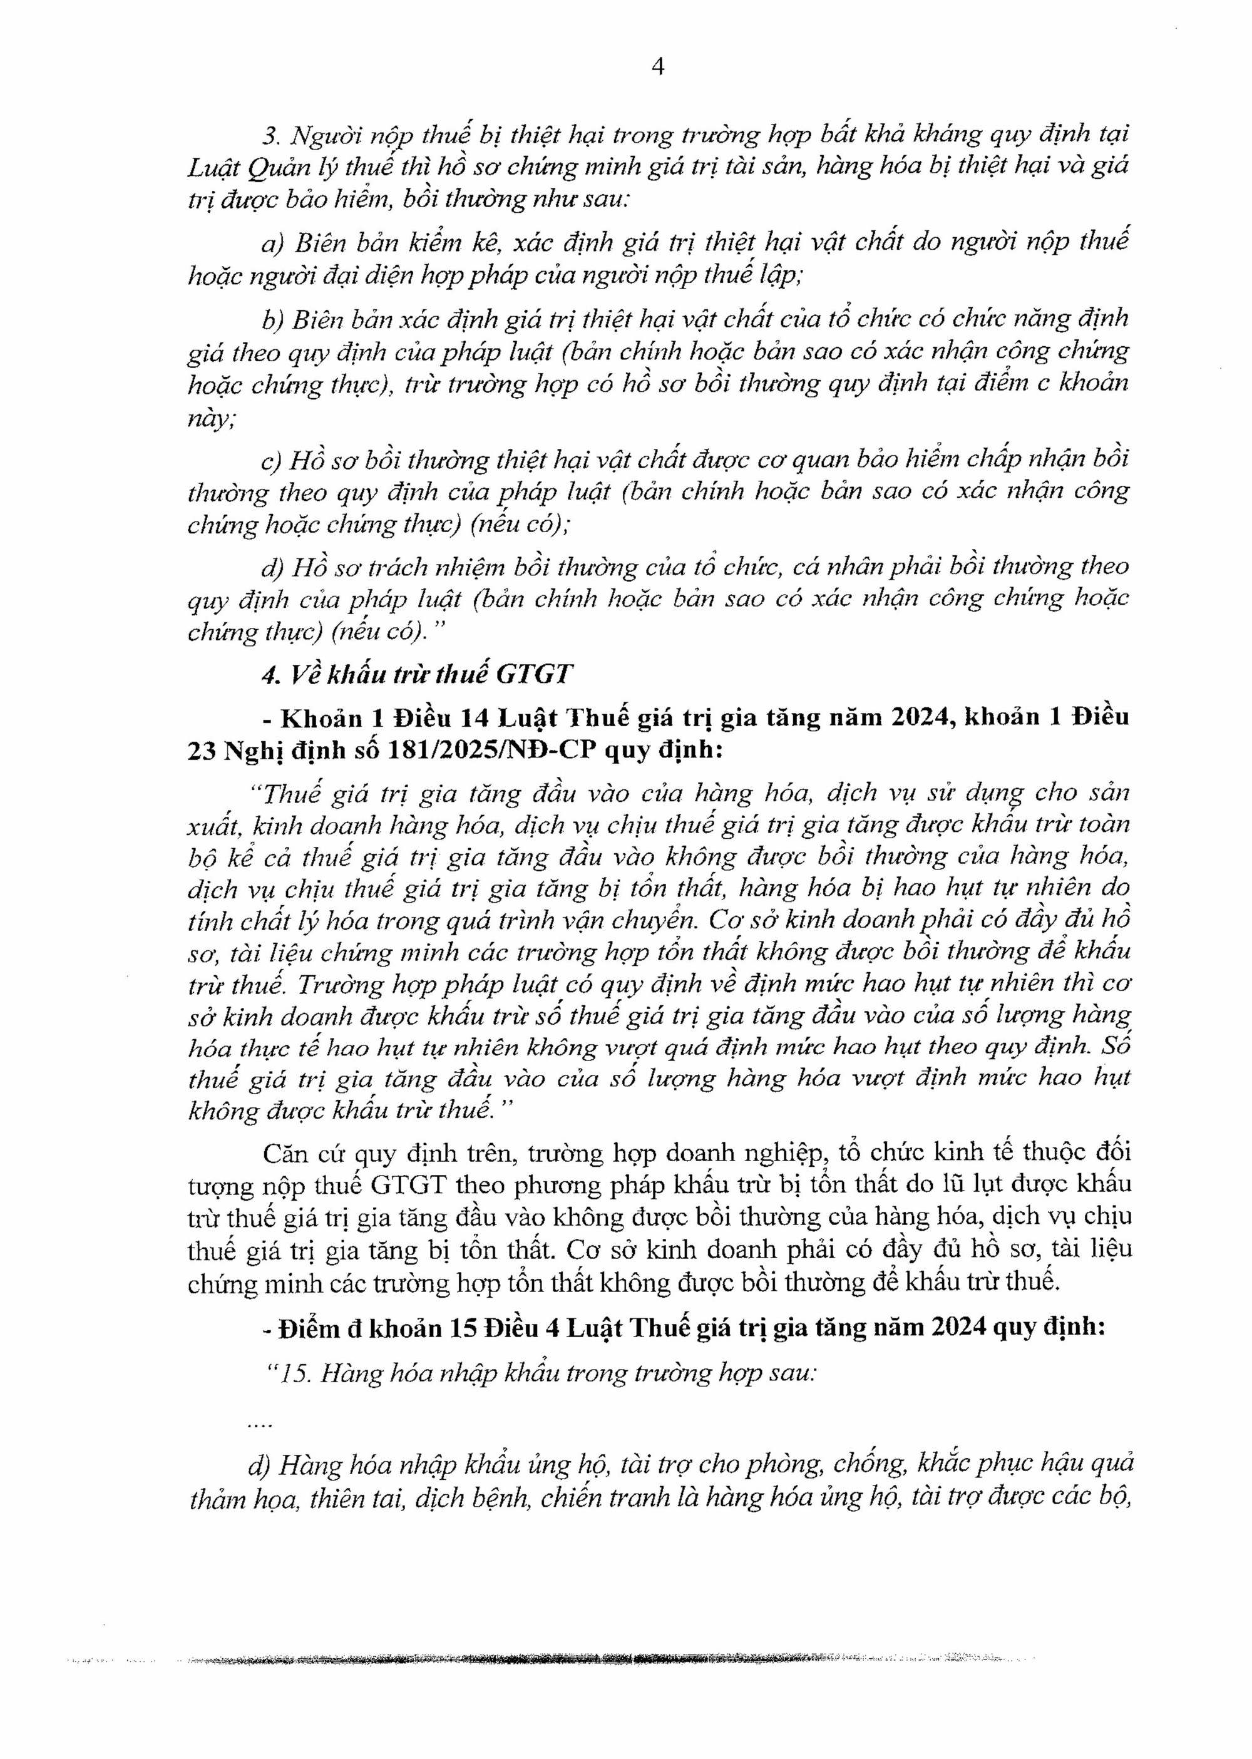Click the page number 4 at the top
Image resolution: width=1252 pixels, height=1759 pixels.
657,68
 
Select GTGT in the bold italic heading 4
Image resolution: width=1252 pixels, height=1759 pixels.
533,675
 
